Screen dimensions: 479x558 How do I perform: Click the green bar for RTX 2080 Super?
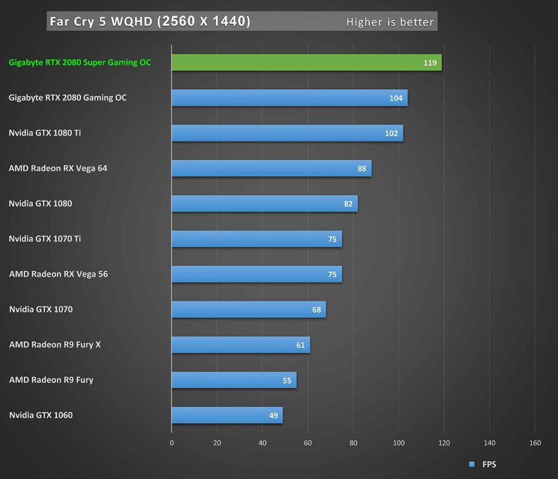pos(306,62)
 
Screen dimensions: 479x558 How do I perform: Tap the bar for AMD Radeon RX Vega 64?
pos(271,168)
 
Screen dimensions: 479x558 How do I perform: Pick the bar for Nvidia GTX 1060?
pos(227,415)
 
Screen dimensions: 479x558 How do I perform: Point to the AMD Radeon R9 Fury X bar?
pos(240,345)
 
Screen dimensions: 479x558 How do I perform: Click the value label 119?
pos(430,63)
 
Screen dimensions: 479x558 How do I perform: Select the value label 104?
pos(396,98)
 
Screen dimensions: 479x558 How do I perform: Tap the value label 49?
pos(273,416)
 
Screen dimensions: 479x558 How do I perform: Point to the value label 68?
pos(316,310)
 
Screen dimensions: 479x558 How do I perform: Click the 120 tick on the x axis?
pos(444,443)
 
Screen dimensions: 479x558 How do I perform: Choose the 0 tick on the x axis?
pos(172,443)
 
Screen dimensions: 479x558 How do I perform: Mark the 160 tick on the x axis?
pos(535,443)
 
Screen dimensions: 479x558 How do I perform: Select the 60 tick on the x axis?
pos(308,443)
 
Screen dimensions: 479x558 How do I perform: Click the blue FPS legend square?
pos(471,464)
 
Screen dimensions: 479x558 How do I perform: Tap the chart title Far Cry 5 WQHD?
pos(150,22)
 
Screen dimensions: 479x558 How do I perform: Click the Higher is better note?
pos(390,22)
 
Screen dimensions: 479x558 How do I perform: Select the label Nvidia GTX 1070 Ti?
pos(45,239)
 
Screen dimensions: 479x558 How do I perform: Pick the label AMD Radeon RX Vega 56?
pos(58,274)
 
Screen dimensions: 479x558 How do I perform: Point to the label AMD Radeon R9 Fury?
pos(51,380)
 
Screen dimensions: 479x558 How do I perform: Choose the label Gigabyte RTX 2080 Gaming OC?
pos(68,98)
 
